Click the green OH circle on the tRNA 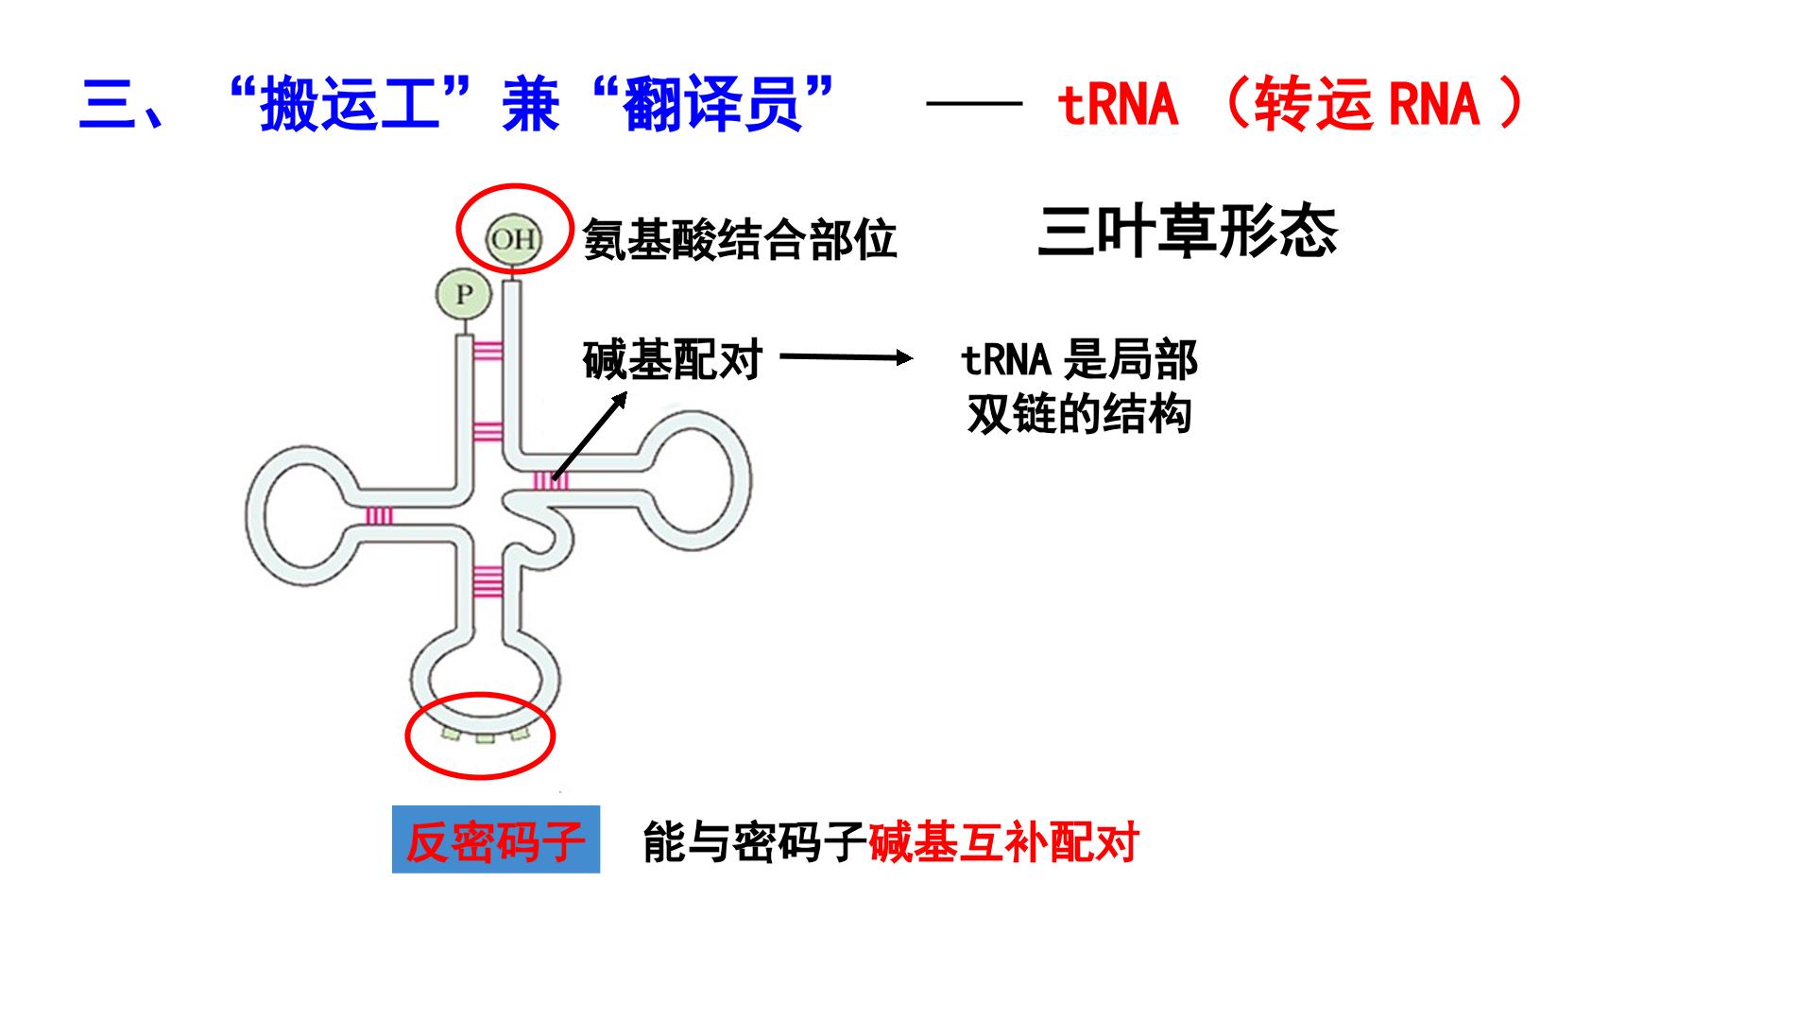tap(513, 239)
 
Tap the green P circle tap(463, 295)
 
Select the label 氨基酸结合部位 tap(739, 240)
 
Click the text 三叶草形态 tap(1188, 232)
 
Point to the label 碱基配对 tap(672, 359)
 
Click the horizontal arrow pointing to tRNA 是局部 tap(847, 357)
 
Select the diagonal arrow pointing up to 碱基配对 tap(590, 436)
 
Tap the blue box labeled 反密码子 tap(496, 839)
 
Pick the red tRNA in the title tap(1117, 104)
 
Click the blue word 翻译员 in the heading tap(712, 104)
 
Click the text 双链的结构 tap(1079, 414)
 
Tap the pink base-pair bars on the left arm tap(379, 515)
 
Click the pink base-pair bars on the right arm tap(551, 481)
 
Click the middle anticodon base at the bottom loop tap(485, 738)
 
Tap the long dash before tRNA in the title tap(974, 103)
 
